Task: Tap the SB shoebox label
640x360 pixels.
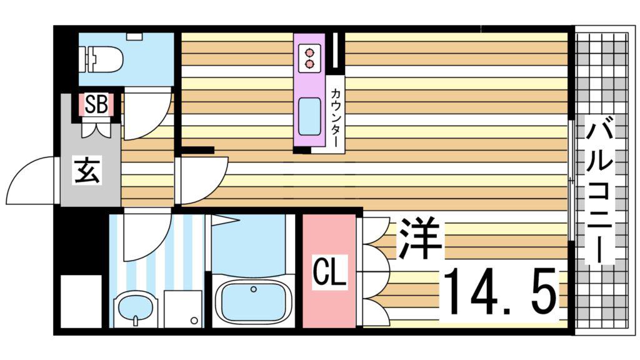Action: (96, 104)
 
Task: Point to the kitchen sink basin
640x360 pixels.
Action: (309, 117)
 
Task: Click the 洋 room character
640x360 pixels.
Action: (421, 239)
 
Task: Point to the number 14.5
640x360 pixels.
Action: (500, 290)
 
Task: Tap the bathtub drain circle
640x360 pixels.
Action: (254, 289)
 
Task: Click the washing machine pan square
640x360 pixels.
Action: (183, 309)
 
